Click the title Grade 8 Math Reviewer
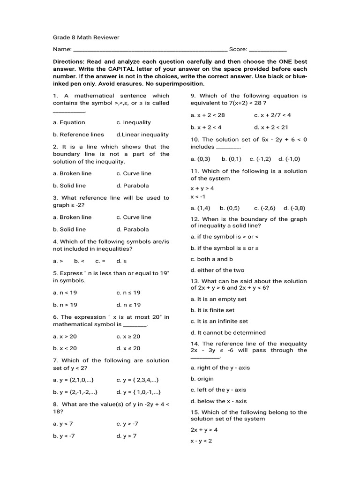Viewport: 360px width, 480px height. coord(86,37)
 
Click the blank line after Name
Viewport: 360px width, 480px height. coord(150,50)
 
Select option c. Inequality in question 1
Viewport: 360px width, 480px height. coord(134,122)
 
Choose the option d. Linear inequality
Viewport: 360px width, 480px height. coord(142,135)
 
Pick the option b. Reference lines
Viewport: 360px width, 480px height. coord(78,135)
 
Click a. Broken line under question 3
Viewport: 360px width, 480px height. coord(72,217)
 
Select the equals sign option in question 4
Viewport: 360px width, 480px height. coord(100,261)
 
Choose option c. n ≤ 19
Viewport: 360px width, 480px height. coord(128,293)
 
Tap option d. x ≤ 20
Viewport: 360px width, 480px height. coord(128,348)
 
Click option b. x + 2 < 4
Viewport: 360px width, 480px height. coord(206,127)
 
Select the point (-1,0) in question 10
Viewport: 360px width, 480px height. coord(289,159)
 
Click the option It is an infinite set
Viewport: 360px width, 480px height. coord(219,322)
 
